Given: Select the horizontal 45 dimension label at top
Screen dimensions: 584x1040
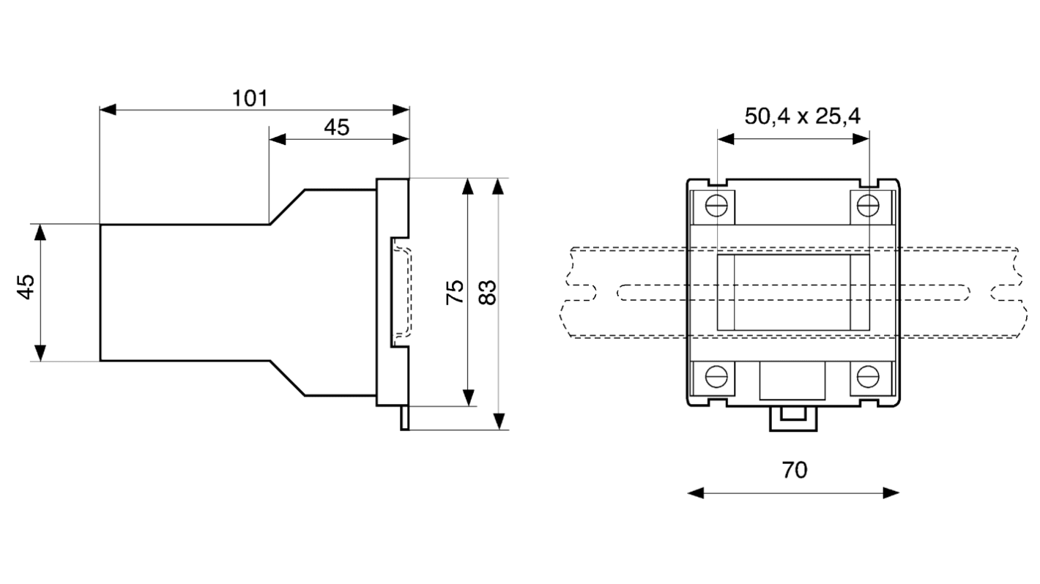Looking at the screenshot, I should click(337, 127).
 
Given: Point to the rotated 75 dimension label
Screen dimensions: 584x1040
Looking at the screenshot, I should click(455, 292).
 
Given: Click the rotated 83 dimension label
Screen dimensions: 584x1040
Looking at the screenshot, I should click(487, 292).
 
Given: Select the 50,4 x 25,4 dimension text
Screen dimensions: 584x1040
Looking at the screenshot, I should click(802, 116).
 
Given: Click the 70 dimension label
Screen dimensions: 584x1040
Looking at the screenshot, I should click(794, 469).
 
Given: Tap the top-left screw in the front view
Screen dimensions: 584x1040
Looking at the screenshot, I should click(717, 206).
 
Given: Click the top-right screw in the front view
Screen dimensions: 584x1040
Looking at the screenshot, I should click(869, 206).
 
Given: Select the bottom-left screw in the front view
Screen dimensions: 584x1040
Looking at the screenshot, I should click(717, 376).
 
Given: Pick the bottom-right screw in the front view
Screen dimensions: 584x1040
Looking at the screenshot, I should click(869, 376).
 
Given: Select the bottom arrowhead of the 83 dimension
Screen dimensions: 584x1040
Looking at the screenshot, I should click(499, 421).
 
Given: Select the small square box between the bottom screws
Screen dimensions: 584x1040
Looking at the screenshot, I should click(792, 380).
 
